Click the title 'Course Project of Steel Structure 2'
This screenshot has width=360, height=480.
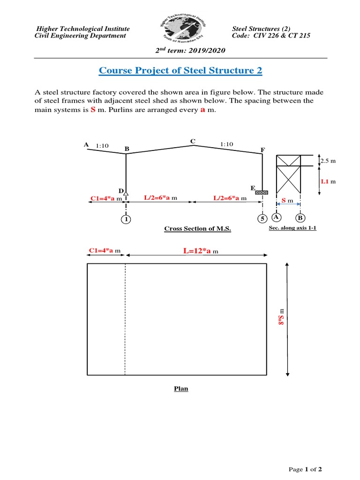(180, 71)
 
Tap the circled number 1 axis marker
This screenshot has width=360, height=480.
(126, 218)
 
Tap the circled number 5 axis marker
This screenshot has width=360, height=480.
(262, 218)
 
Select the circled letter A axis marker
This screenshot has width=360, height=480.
(277, 217)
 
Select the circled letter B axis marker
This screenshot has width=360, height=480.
(300, 218)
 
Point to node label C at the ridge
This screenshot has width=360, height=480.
(192, 141)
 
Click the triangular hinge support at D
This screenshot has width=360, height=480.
(126, 192)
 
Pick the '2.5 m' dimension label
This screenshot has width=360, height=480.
(329, 161)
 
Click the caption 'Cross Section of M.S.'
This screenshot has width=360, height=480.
(197, 229)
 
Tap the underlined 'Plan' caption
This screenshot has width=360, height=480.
(181, 389)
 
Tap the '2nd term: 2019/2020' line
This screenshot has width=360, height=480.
(180, 50)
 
